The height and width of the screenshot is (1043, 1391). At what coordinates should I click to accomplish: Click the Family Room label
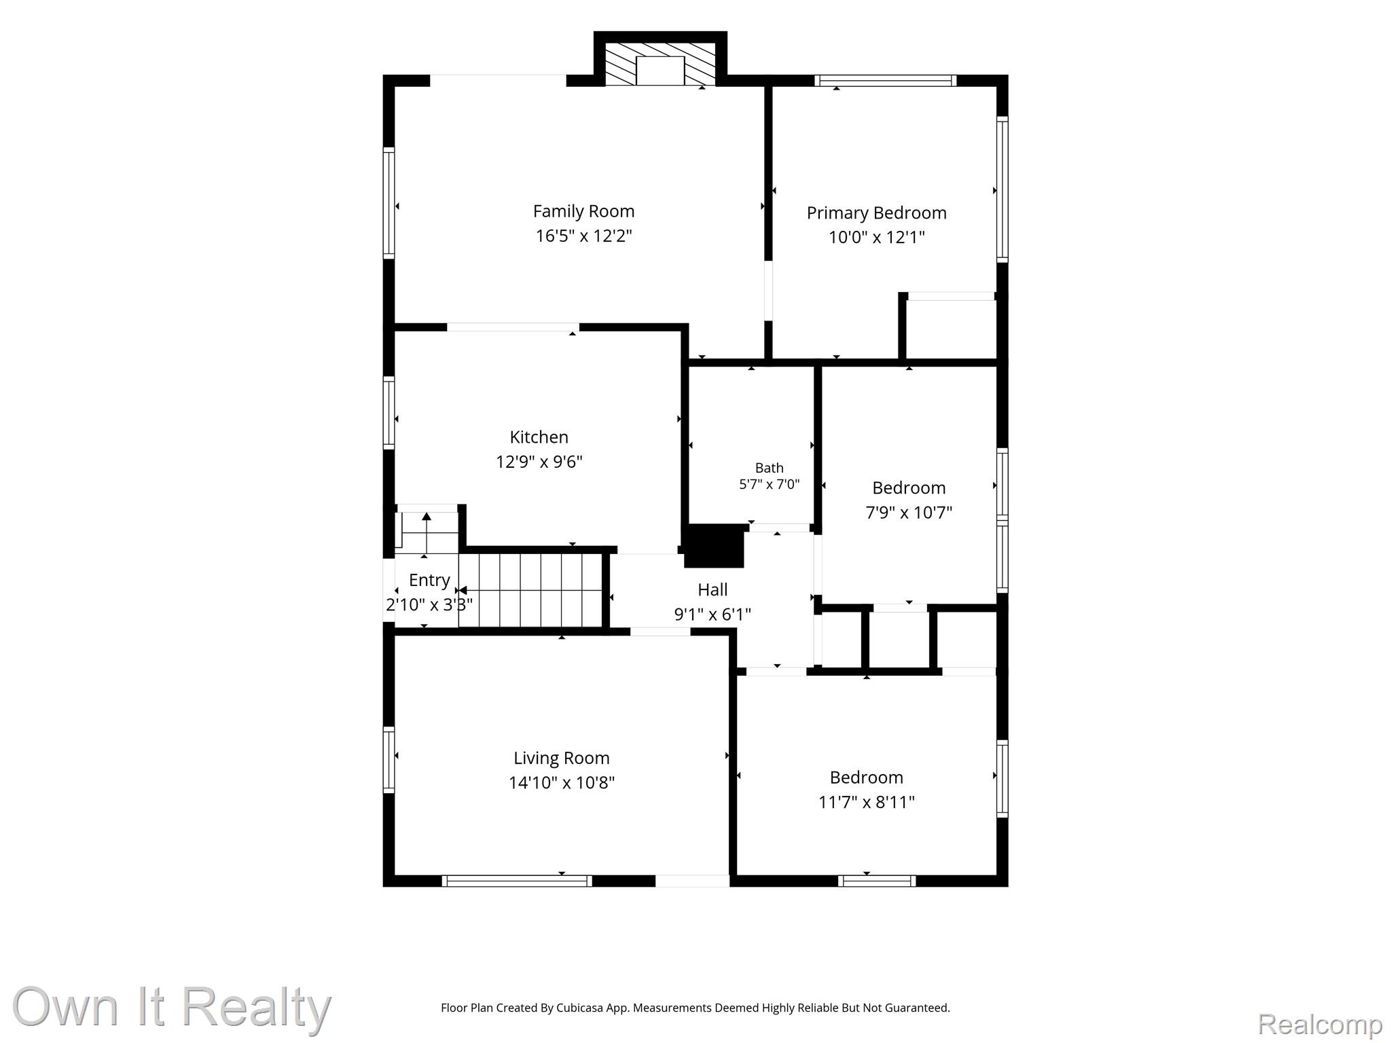[583, 212]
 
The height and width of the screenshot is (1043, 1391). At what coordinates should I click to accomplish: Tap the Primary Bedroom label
[876, 213]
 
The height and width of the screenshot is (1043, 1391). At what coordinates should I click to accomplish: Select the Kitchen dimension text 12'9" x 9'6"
[539, 462]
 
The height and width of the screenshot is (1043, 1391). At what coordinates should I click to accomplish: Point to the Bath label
[770, 468]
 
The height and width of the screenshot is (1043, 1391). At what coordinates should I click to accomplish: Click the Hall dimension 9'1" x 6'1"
[712, 615]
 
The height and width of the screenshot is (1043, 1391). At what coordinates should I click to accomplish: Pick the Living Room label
[562, 758]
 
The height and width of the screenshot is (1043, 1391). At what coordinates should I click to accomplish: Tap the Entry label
[429, 581]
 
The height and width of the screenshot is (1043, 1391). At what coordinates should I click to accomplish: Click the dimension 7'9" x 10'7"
[909, 513]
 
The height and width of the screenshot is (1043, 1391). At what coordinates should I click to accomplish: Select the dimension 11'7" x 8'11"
[867, 802]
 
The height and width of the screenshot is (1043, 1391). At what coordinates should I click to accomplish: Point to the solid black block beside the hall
[714, 546]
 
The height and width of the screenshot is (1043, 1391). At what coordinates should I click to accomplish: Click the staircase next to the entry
[531, 590]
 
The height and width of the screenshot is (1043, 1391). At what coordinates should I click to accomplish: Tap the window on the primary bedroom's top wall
[886, 81]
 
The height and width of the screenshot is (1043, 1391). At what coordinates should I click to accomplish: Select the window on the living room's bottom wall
[517, 881]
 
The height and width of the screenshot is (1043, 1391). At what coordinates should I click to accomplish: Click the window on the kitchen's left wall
[389, 413]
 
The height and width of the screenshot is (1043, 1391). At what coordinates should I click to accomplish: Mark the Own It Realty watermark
[172, 1007]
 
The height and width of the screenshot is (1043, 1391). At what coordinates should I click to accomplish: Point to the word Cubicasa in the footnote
[581, 1008]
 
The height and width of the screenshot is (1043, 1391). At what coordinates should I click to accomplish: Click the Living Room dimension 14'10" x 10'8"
[562, 783]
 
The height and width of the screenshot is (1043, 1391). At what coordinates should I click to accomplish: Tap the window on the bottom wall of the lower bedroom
[877, 881]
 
